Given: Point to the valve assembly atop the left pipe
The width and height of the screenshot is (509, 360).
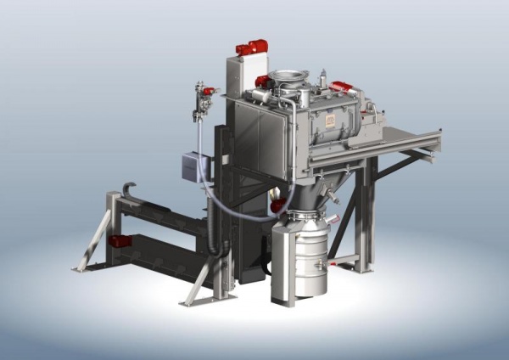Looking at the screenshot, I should coord(204,98).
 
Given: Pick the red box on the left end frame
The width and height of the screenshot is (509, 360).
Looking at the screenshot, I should coord(120,241).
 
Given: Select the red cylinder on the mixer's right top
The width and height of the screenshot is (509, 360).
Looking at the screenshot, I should coord(342,86).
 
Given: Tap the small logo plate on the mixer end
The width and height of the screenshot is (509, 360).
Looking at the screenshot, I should coord(330,122).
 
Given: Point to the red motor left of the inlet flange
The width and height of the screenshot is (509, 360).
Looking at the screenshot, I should coord(263,82).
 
